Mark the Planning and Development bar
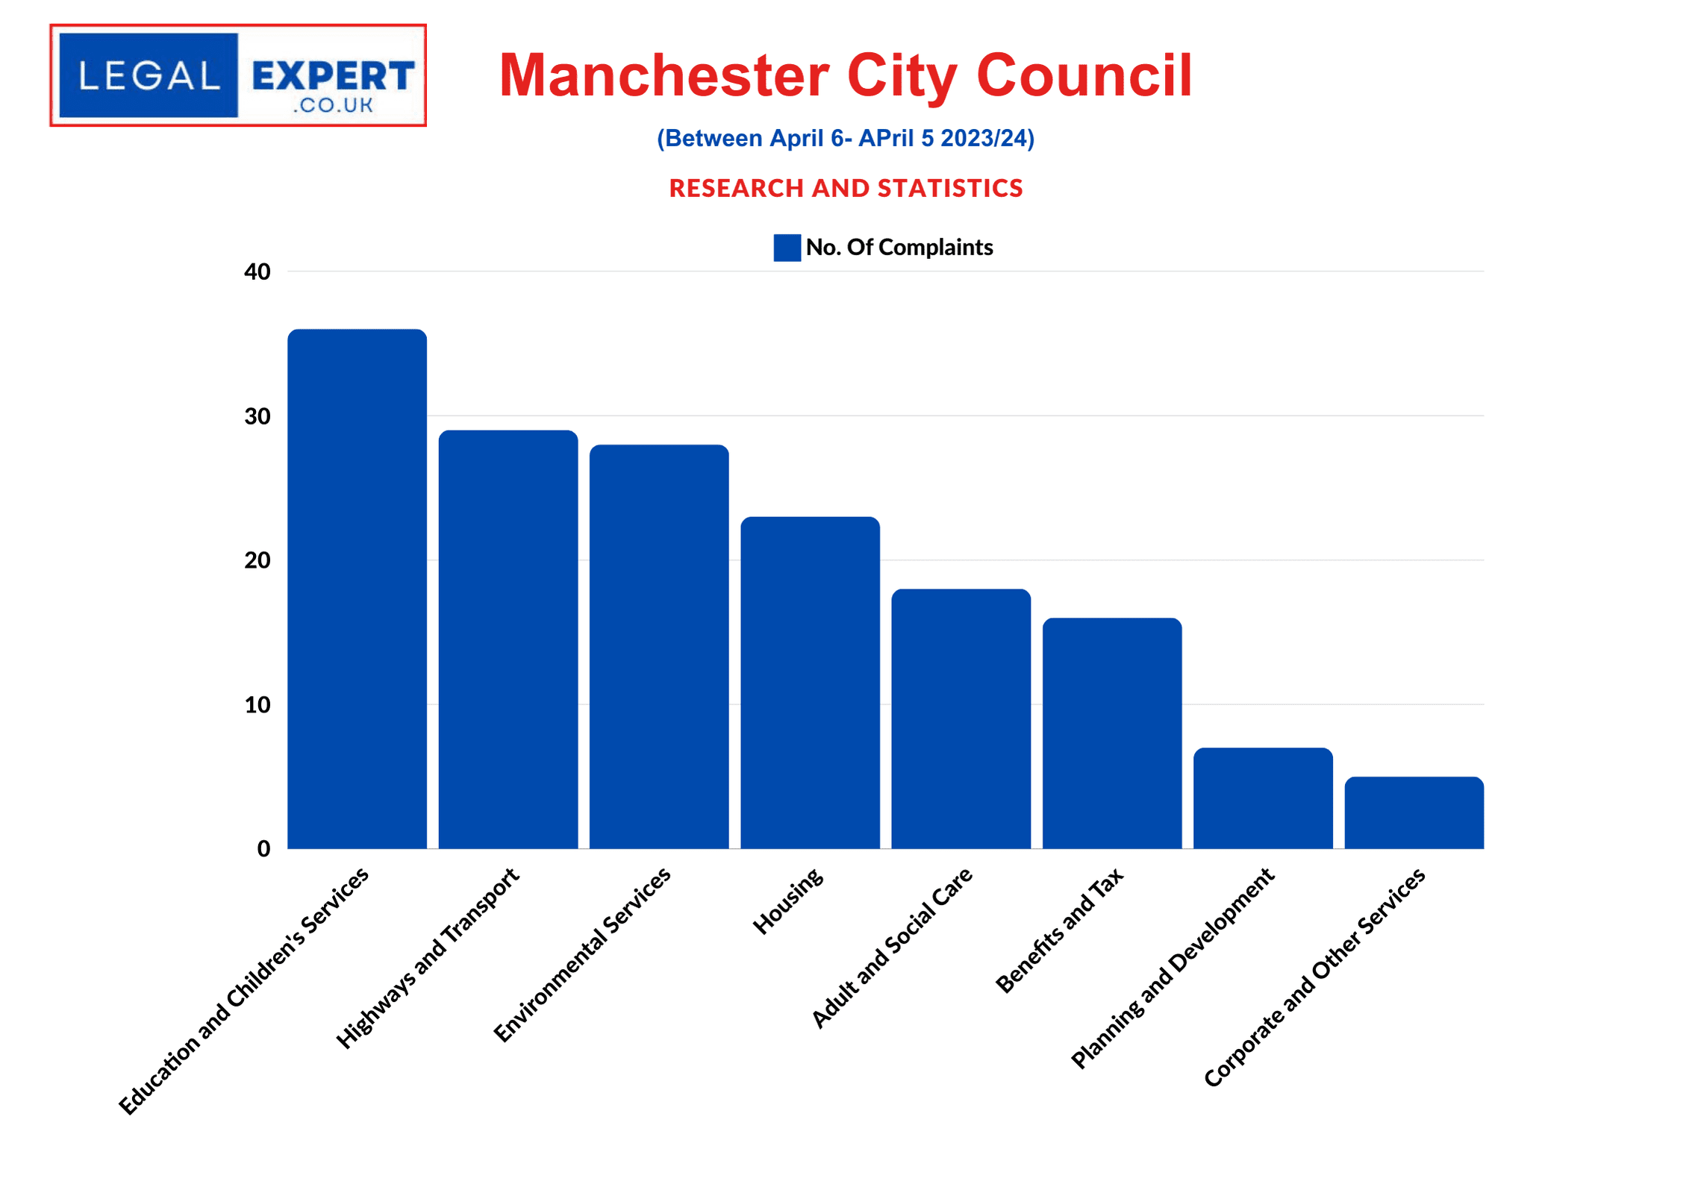[1263, 798]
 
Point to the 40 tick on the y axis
[257, 272]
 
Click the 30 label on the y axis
[257, 416]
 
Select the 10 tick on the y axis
[257, 705]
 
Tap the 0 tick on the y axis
[263, 849]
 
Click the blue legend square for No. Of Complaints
[787, 248]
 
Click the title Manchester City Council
[846, 75]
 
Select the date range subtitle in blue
[846, 138]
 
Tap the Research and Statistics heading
[846, 188]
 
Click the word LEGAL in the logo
[149, 75]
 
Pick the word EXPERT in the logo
[333, 75]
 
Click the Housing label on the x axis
[788, 900]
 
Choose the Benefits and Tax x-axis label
[1060, 930]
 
